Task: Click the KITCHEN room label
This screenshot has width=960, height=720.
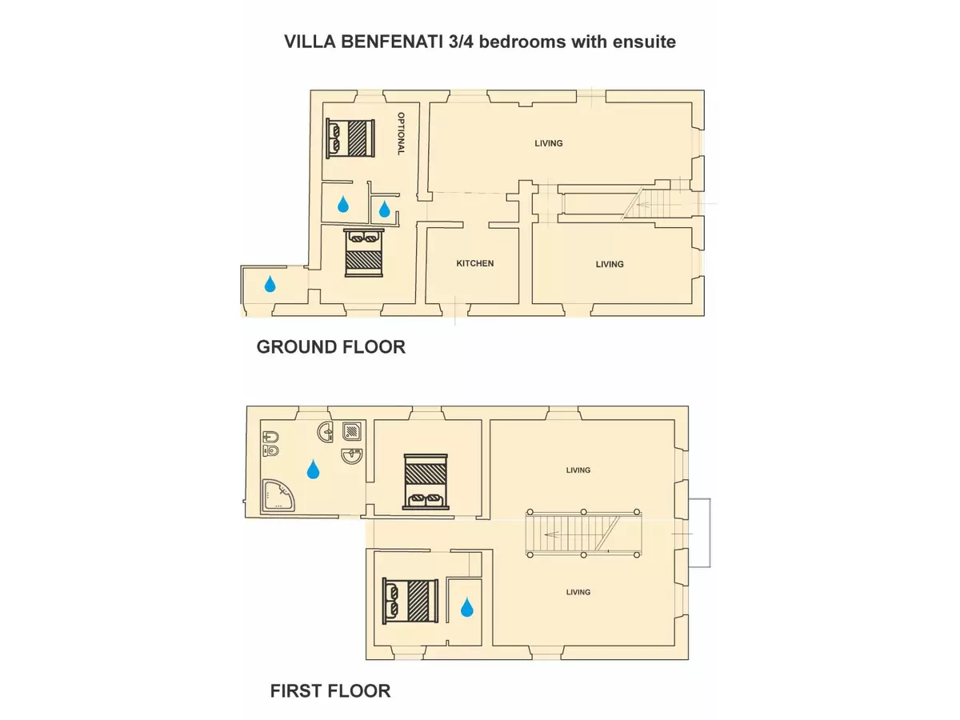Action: point(475,263)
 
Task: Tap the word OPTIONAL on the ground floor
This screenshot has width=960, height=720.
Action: point(401,134)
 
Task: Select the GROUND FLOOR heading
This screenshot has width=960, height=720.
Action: point(330,347)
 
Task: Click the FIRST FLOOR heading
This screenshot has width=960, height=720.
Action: point(330,691)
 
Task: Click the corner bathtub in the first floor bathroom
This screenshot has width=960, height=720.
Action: point(278,495)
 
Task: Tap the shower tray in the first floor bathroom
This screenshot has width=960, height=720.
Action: point(352,431)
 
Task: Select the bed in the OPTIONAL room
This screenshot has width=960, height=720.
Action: point(350,138)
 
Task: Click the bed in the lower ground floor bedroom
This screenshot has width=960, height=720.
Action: point(364,253)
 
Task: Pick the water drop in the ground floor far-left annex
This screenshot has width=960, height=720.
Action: point(270,284)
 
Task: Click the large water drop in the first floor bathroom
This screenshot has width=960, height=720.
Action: point(313,469)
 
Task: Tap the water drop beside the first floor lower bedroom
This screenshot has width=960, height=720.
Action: point(467,607)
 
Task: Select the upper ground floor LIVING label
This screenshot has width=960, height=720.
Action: point(549,143)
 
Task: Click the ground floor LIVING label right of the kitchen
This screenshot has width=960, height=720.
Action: point(610,264)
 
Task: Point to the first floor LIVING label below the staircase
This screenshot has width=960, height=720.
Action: point(578,592)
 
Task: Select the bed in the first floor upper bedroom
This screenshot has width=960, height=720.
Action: point(426,482)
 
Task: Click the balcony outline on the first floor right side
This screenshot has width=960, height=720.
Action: point(710,533)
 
